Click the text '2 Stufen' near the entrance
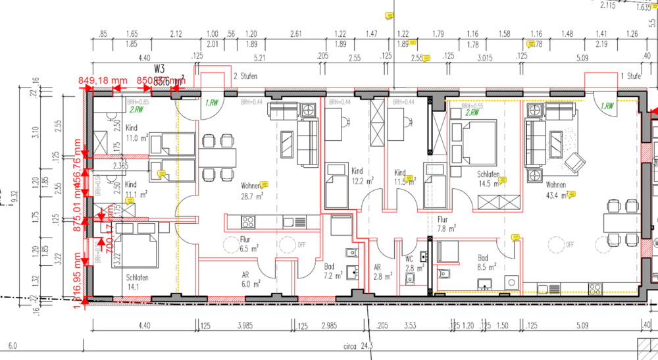click(245, 76)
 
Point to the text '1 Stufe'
click(630, 76)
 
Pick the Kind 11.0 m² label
click(136, 134)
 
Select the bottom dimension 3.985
click(245, 324)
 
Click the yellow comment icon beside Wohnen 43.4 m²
click(572, 194)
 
